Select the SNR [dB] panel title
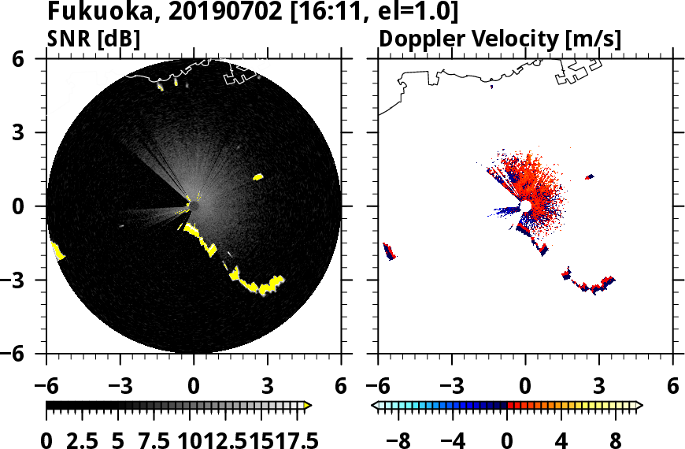point(94,39)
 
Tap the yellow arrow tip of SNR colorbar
point(308,406)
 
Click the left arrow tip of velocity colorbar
point(376,406)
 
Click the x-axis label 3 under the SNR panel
point(268,388)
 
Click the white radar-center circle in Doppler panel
point(525,206)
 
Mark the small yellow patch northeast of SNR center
point(257,177)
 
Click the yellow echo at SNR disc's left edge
point(57,251)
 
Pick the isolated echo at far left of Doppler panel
point(388,251)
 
